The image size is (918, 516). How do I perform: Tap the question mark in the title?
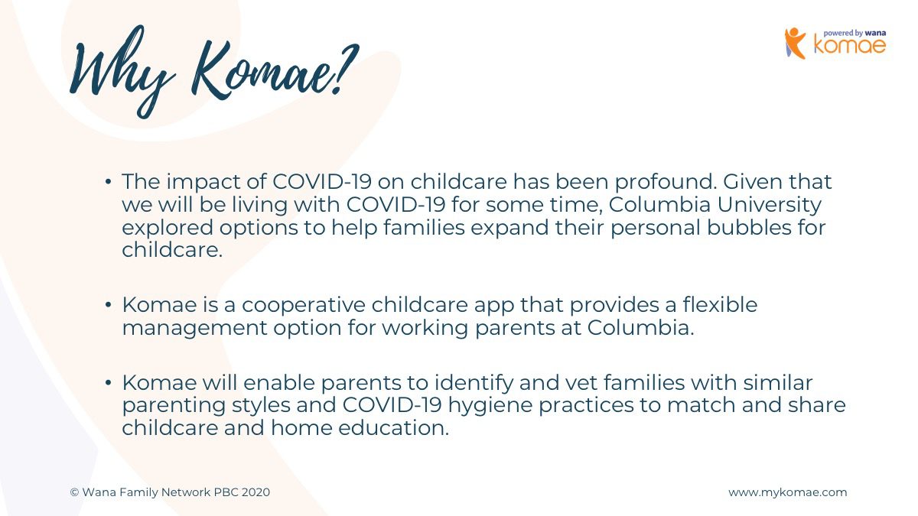coord(343,69)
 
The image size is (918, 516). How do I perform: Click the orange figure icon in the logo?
coord(795,43)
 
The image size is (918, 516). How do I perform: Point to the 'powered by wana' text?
coord(855,33)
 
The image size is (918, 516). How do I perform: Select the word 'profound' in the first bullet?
coord(666,182)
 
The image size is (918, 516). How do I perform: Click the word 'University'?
coord(770,205)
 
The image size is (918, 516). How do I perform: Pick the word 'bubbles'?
coord(750,227)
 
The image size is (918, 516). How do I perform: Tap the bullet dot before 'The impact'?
coord(108,181)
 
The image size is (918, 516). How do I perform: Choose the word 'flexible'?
coord(720,305)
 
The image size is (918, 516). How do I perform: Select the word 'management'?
coord(194,329)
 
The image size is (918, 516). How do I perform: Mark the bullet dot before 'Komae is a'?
coord(108,305)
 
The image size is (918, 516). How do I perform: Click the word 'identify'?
coord(474,383)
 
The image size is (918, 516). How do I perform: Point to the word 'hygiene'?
coord(490,405)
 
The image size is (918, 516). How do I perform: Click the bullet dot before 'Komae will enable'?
coord(108,383)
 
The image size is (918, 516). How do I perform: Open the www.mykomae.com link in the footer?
coord(788,492)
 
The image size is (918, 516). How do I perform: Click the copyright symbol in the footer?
coord(74,492)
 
